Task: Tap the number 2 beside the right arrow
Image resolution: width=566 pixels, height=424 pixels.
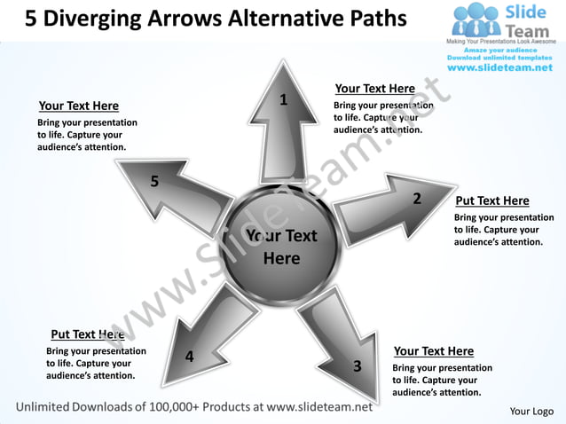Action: (x=417, y=198)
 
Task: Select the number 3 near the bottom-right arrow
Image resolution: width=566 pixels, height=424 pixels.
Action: (x=357, y=365)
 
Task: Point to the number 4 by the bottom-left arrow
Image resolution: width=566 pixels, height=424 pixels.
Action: (x=189, y=357)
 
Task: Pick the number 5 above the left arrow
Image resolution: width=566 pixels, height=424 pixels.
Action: (x=154, y=182)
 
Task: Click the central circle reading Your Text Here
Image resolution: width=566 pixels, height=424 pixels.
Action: (x=281, y=247)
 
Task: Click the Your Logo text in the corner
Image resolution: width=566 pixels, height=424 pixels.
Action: (x=531, y=411)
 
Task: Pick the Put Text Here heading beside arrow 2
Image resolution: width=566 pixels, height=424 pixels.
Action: (x=491, y=201)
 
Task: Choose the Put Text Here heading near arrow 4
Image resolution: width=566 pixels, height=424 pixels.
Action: (x=87, y=334)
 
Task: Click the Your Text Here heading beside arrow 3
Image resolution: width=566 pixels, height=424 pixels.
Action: (x=433, y=351)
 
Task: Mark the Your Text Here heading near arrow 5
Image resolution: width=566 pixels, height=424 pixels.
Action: (x=79, y=106)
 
